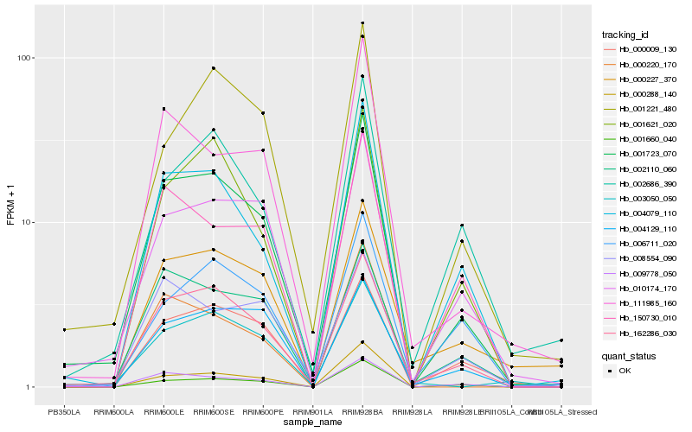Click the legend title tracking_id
(625, 35)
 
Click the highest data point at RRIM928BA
(362, 22)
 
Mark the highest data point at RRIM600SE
(213, 68)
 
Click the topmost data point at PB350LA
(64, 329)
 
